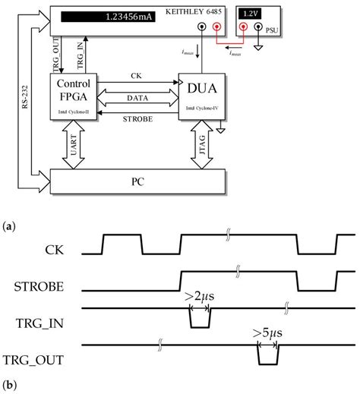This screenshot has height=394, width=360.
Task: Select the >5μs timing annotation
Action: [268, 332]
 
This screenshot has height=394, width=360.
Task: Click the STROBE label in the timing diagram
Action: [38, 287]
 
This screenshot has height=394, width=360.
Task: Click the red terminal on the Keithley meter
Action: [218, 28]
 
